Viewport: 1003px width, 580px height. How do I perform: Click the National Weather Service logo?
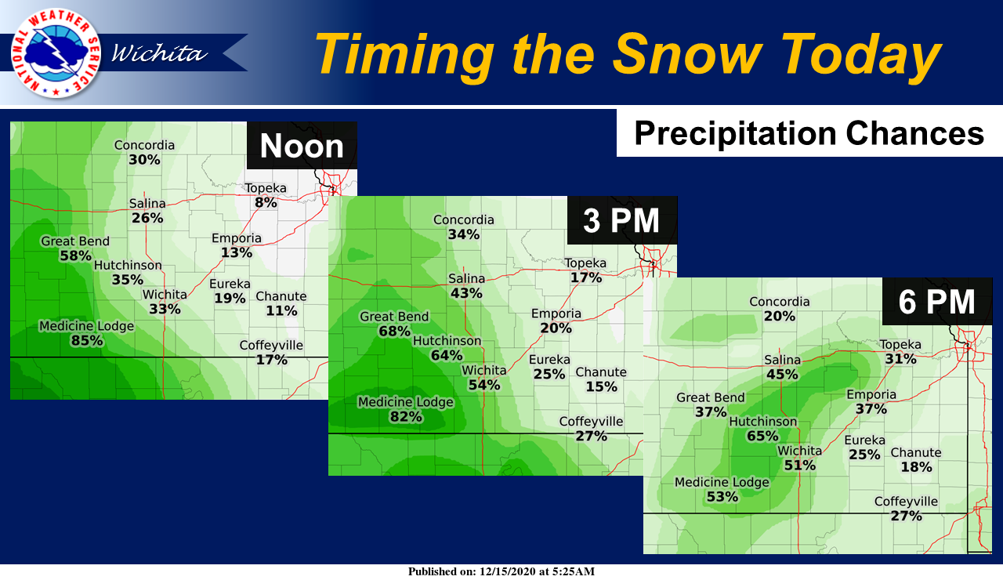[x=56, y=53]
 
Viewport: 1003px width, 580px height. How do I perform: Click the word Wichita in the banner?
[x=159, y=53]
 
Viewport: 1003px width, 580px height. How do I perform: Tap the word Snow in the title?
[x=687, y=54]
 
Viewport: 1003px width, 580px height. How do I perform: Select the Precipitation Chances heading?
[x=809, y=133]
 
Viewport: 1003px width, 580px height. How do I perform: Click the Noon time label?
[x=302, y=146]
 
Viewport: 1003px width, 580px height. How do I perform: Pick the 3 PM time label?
[x=621, y=220]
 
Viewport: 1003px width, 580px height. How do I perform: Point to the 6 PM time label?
[x=936, y=302]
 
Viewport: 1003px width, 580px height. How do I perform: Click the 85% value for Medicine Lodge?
[x=87, y=341]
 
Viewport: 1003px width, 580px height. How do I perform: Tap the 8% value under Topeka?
[x=266, y=202]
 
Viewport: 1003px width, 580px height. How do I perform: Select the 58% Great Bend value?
[x=75, y=256]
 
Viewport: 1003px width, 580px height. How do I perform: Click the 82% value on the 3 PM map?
[x=406, y=417]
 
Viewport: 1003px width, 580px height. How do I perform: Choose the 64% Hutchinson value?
[x=447, y=356]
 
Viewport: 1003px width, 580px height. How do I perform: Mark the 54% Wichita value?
[x=484, y=385]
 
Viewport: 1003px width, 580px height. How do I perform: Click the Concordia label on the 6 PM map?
[x=780, y=302]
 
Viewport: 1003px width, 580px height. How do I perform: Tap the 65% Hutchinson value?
[x=762, y=436]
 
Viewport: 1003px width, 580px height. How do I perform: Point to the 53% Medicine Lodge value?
[x=722, y=497]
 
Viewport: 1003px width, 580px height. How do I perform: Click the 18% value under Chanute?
[x=916, y=467]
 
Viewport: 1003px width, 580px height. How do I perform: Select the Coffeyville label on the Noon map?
[x=271, y=346]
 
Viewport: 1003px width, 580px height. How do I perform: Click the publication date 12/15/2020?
[x=507, y=571]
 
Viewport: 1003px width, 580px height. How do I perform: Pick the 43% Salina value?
[x=466, y=293]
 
